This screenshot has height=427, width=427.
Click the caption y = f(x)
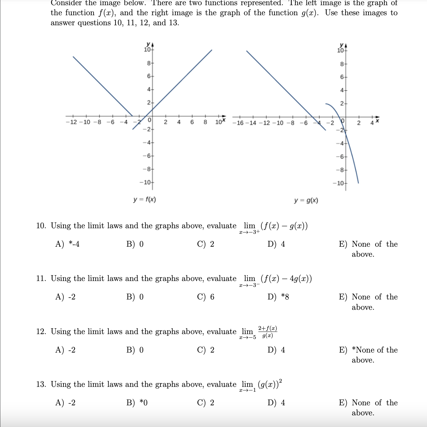(145, 199)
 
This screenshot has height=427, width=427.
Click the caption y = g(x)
(306, 200)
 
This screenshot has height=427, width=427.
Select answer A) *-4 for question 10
(67, 244)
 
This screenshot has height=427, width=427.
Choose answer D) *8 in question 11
(278, 297)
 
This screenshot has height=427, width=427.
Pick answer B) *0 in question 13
(137, 403)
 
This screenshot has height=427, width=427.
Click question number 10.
(41, 226)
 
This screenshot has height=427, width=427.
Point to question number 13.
(41, 384)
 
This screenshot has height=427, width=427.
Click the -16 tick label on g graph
(240, 123)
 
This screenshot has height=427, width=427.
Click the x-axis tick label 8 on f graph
(205, 122)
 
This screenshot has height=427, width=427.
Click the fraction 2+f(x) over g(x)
(267, 332)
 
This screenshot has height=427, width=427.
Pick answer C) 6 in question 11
(206, 297)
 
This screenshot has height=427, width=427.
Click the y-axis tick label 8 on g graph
(342, 64)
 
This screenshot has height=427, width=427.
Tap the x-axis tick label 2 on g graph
(358, 123)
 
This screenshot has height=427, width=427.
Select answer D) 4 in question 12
(276, 350)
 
